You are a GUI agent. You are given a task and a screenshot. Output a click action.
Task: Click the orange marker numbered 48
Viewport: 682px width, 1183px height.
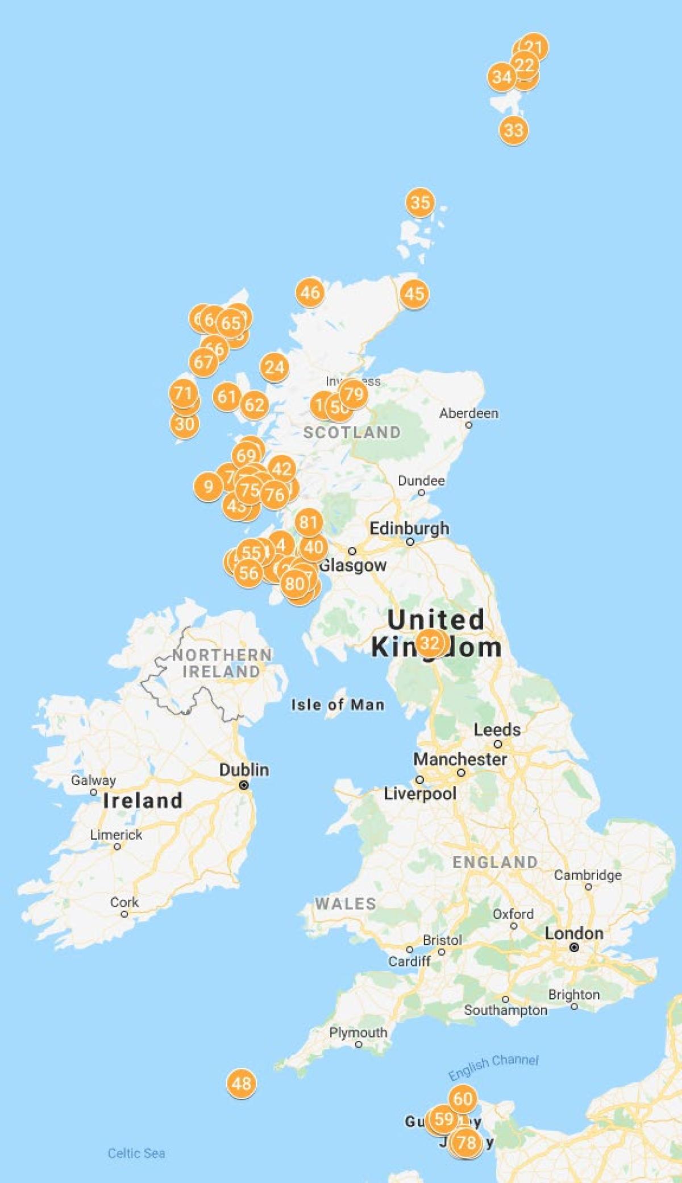click(241, 1083)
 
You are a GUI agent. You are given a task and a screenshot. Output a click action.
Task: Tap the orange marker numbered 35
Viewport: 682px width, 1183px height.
click(420, 202)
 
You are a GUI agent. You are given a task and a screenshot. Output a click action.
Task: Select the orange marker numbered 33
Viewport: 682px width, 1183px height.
click(513, 130)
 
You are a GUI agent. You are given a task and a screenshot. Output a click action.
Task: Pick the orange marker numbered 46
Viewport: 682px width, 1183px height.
click(310, 293)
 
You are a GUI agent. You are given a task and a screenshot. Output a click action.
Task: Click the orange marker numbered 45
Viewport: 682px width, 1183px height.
click(414, 294)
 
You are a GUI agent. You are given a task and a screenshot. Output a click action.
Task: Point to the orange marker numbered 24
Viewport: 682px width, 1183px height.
click(275, 368)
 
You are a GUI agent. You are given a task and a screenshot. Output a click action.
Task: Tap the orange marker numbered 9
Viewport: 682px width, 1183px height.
click(209, 487)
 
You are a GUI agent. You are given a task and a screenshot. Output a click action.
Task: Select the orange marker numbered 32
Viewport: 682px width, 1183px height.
click(430, 643)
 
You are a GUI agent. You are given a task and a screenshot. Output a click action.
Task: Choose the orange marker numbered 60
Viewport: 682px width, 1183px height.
click(463, 1099)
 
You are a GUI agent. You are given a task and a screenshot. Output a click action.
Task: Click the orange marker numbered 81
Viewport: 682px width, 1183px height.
click(308, 522)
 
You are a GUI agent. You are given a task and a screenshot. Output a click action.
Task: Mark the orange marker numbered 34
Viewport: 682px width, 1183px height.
click(502, 77)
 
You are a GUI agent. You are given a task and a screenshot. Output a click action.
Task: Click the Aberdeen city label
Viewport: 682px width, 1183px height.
click(469, 413)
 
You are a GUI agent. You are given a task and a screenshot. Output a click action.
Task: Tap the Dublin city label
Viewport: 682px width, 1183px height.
click(244, 770)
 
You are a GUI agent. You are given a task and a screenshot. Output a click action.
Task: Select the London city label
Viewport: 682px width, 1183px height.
click(574, 933)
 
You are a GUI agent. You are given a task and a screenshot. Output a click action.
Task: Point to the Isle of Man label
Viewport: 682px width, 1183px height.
click(338, 705)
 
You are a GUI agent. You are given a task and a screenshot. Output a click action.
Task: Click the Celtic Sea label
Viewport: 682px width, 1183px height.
click(136, 1153)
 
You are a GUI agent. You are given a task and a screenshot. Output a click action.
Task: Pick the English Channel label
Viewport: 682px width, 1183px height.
click(493, 1067)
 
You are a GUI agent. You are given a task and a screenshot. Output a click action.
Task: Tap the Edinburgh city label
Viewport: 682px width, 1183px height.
click(409, 528)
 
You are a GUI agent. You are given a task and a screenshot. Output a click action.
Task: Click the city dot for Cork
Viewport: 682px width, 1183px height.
click(124, 914)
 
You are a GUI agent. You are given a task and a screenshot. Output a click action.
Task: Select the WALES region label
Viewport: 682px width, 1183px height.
click(346, 903)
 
